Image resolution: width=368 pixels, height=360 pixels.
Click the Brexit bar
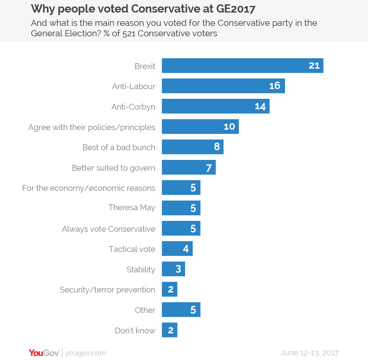coord(243,65)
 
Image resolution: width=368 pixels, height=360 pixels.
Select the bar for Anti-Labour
coord(223,86)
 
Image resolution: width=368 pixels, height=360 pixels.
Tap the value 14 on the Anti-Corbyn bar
coord(260,107)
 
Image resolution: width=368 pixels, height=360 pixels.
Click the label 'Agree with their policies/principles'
coord(92,127)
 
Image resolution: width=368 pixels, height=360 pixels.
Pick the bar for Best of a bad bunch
coord(193,147)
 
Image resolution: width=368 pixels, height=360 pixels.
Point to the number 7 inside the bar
coord(209,168)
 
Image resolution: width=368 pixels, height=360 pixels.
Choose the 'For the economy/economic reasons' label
coord(89,188)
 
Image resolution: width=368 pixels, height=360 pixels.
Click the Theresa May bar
coord(181,208)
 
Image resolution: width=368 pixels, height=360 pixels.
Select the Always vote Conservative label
coord(109,229)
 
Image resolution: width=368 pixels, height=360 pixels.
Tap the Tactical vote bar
coord(177,249)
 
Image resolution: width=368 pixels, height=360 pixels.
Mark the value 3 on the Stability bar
coord(178,269)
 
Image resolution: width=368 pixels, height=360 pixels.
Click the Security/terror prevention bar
coord(170,289)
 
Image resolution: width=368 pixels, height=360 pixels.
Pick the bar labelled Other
coord(181,310)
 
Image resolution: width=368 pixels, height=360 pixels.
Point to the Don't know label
coord(135,331)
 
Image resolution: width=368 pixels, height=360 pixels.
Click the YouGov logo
coord(44,353)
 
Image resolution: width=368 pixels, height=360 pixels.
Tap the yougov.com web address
coord(86,353)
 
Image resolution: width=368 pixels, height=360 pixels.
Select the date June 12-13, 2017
coord(309,353)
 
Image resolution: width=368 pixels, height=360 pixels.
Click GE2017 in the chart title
coord(236,9)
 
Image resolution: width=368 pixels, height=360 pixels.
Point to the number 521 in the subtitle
coord(129,33)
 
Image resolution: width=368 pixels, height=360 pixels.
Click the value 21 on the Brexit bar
coord(314,65)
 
